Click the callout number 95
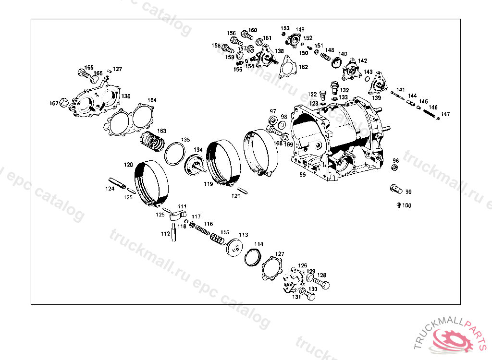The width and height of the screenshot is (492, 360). (x=303, y=174)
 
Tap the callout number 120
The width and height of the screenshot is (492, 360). (x=128, y=165)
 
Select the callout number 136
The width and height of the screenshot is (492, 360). (x=126, y=96)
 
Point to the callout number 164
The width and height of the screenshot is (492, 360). (x=152, y=100)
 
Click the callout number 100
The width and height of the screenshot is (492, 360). (x=406, y=205)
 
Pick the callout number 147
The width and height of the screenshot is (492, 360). (x=445, y=114)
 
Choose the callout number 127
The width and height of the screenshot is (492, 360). (x=280, y=254)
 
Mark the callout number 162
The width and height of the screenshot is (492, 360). (x=304, y=67)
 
